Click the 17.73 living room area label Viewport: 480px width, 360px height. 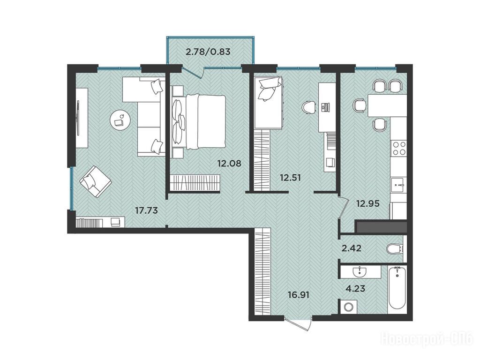click(x=146, y=210)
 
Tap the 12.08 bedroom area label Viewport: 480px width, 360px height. click(x=229, y=164)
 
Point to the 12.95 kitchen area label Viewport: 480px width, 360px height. click(x=367, y=203)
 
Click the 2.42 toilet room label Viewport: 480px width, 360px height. click(x=351, y=248)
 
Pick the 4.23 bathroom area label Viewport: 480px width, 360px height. click(x=355, y=288)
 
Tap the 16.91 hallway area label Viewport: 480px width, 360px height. click(x=299, y=295)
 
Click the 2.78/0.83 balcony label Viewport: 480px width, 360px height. click(x=208, y=52)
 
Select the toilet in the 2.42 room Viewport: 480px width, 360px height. click(x=395, y=248)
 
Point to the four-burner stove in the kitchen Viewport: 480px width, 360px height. click(x=399, y=148)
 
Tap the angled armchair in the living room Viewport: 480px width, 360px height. click(x=96, y=181)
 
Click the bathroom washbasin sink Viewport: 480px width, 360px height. click(x=360, y=271)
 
